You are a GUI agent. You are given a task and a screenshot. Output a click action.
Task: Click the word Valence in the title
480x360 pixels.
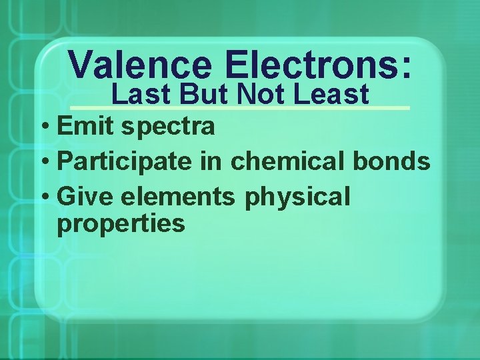coord(140,65)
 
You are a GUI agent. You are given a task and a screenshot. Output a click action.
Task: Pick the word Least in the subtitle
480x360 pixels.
coord(331,95)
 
